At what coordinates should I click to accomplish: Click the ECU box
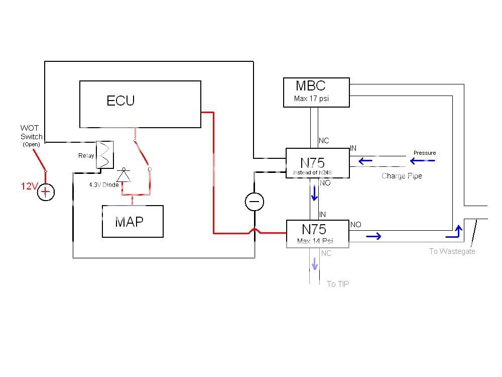140,104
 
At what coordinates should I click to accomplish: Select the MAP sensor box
133,221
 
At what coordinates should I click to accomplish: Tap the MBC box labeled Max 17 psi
316,92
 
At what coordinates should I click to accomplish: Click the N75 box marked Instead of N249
317,163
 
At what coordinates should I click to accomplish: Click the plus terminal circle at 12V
46,192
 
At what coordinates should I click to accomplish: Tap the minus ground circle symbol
254,202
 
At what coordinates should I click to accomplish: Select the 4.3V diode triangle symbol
123,175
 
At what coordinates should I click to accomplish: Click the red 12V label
29,186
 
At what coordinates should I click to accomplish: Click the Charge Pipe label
402,176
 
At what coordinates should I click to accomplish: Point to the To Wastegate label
452,251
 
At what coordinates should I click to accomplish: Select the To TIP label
338,285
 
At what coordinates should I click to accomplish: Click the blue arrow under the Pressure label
422,161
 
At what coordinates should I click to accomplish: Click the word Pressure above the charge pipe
425,153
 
